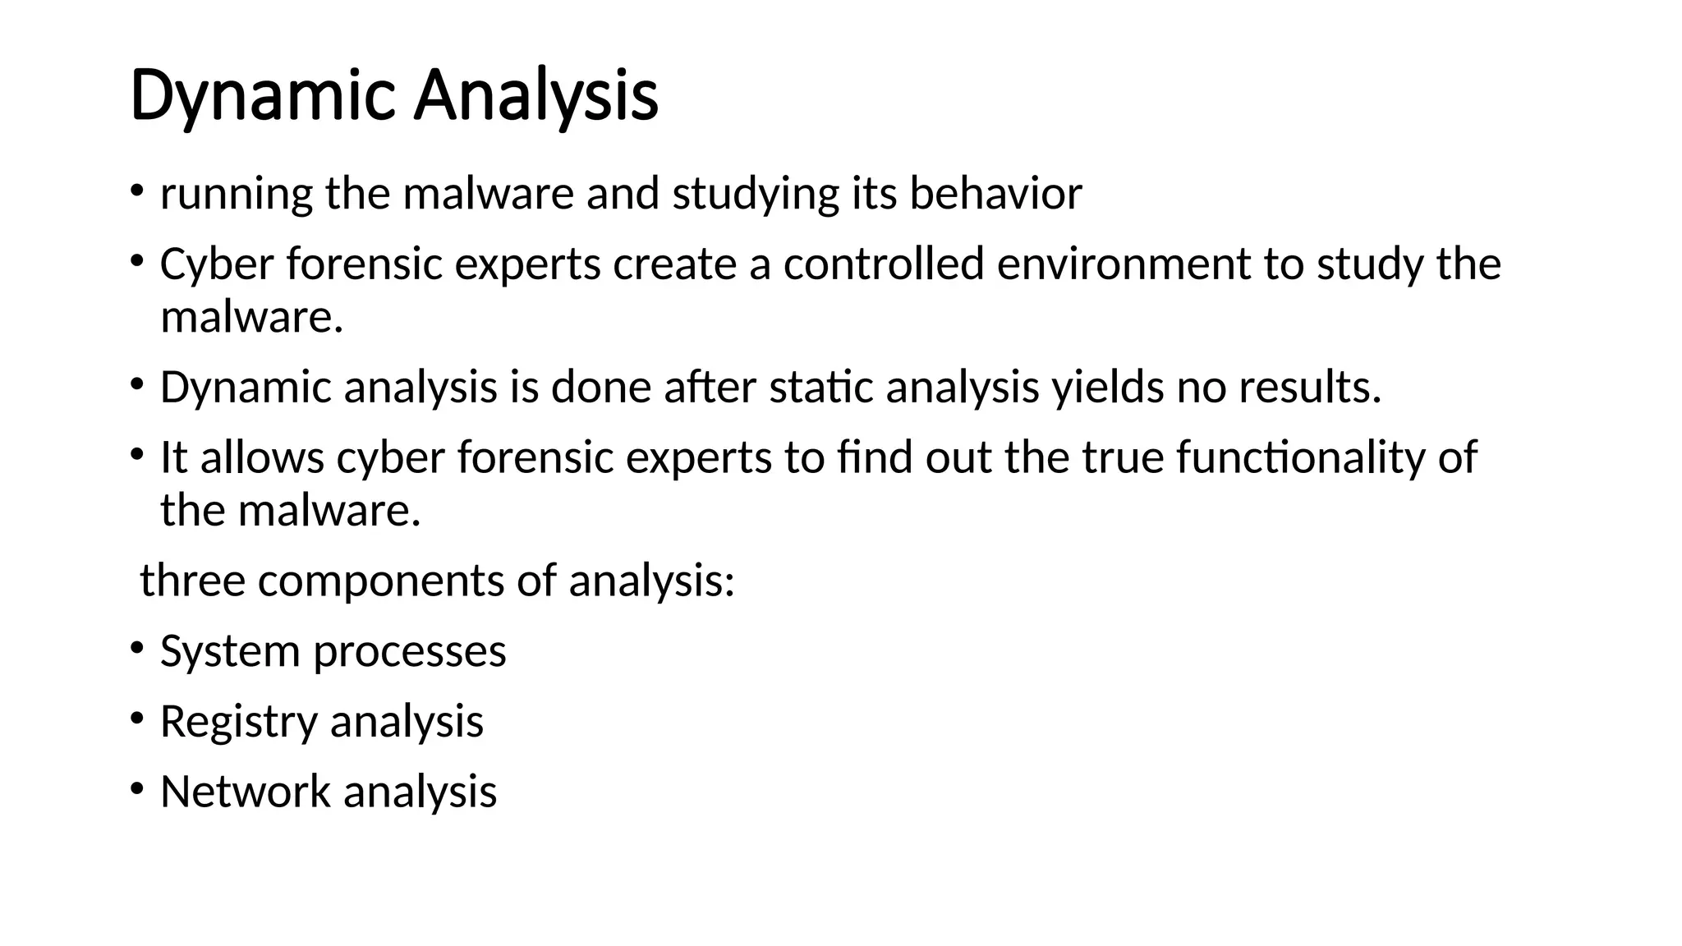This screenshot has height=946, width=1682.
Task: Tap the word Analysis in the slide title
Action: tap(535, 97)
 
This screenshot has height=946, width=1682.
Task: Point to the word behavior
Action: tap(995, 195)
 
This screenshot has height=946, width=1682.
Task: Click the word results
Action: tap(1309, 388)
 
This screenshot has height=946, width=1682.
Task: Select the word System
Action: tap(230, 652)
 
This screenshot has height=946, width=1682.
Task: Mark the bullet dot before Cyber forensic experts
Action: tap(136, 262)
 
